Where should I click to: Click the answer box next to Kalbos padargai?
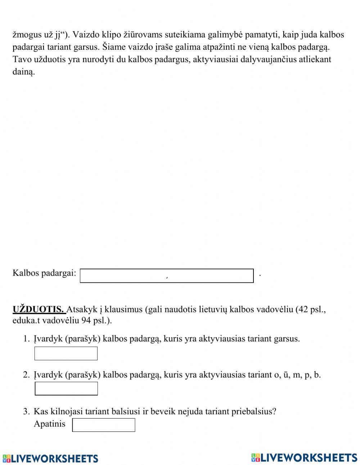coord(167,276)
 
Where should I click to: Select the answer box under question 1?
coord(66,353)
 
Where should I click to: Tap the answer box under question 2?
coord(66,389)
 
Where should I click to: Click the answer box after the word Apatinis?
coord(104,425)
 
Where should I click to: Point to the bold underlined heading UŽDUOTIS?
coord(39,309)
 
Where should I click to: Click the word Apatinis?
coord(50,424)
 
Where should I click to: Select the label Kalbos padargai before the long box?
coord(44,273)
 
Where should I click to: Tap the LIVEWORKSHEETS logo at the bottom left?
coord(50,458)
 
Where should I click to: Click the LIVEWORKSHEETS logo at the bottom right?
coord(304,457)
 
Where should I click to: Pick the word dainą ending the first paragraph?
coord(24,72)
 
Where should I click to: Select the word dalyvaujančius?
coord(259,59)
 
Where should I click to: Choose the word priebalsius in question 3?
coord(255,411)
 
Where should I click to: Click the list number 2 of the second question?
coord(26,375)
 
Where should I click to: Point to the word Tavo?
coord(22,59)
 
